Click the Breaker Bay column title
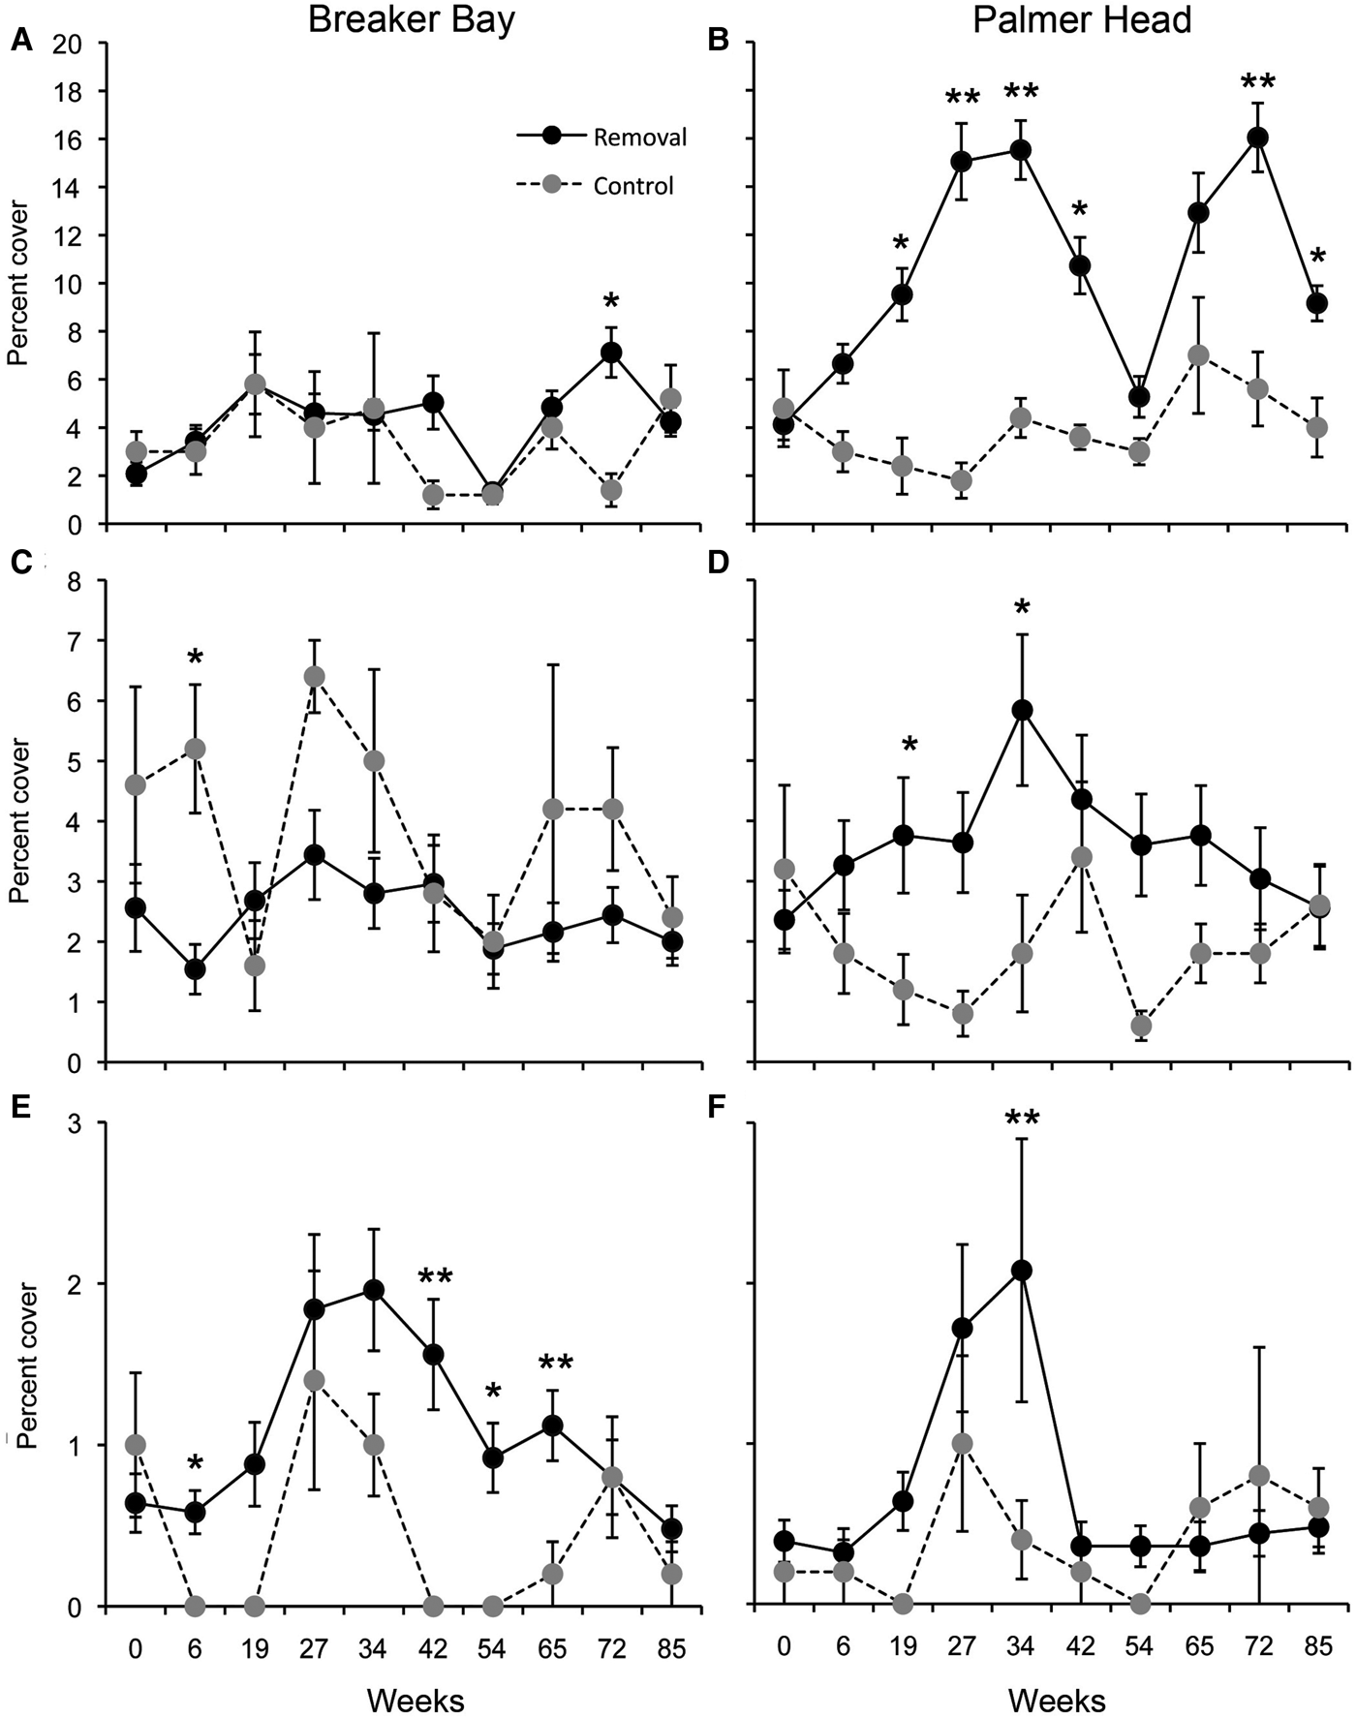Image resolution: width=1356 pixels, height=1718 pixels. [412, 21]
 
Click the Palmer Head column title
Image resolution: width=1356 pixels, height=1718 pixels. [1082, 21]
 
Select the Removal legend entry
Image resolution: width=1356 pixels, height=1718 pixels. [639, 138]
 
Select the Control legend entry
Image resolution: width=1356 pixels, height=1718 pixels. [632, 185]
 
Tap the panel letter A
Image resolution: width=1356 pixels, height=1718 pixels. [16, 42]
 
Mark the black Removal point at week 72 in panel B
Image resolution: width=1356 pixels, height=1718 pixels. [1258, 138]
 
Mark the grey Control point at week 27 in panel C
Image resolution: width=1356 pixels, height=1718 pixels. [314, 676]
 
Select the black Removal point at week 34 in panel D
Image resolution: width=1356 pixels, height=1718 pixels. [1021, 711]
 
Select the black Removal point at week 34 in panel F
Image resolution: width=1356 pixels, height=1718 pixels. [1021, 1271]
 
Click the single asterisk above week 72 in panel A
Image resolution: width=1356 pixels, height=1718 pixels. [611, 298]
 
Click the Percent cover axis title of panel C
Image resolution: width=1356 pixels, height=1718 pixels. [18, 821]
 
